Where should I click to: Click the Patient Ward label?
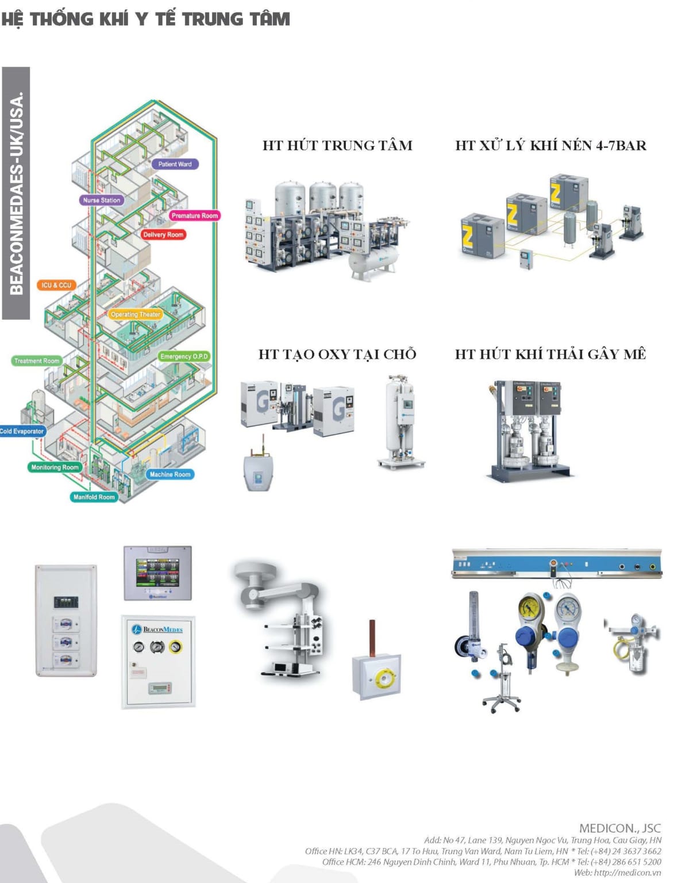coord(175,164)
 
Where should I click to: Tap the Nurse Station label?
coord(101,201)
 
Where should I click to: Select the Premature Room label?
coord(194,216)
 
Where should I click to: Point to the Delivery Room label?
coord(163,235)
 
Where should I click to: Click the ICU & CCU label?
coord(56,285)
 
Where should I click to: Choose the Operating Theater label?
coord(136,314)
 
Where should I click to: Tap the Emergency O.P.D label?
coord(184,356)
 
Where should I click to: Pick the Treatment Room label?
coord(37,361)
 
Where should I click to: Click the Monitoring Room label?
coord(55,467)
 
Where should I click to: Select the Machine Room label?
coord(170,474)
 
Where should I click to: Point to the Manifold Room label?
coord(94,497)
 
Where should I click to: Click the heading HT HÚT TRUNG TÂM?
coord(337,145)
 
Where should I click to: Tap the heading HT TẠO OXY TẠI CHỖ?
coord(337,354)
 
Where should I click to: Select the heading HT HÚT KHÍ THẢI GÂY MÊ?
coord(550,354)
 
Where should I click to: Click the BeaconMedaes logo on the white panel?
coord(157,629)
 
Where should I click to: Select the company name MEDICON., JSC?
coord(619,828)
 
